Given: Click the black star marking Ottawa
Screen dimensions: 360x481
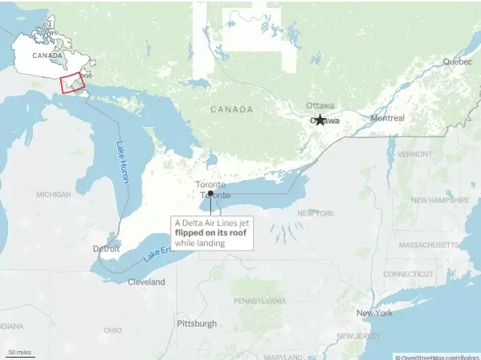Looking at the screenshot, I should [x=320, y=120].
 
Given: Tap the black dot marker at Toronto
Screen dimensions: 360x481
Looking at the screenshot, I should [x=210, y=194].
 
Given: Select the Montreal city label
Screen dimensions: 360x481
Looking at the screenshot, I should [x=387, y=117].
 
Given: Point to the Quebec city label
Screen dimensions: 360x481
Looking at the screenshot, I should [x=458, y=61].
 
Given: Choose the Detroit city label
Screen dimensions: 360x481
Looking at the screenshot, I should [x=106, y=248].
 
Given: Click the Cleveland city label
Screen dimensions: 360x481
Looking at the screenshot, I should [x=146, y=282].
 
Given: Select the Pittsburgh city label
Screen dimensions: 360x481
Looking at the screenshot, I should [x=197, y=323].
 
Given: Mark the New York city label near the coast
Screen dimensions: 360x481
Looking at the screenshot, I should [x=374, y=313].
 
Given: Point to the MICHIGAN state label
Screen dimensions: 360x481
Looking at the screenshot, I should [x=54, y=194].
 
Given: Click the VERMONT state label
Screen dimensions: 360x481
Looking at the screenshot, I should [x=414, y=153].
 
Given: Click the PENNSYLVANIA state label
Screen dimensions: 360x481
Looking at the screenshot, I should [x=259, y=301].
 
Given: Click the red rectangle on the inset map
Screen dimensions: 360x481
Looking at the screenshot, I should [x=73, y=83].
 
